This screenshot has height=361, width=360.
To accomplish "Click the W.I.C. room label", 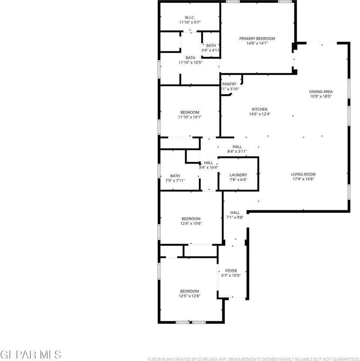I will click(x=189, y=18).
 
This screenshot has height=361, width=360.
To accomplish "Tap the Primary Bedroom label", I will click(x=257, y=38).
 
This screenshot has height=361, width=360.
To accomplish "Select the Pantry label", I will click(x=229, y=84).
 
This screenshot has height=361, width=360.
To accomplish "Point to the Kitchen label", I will click(x=260, y=109).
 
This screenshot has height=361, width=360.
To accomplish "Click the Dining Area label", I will click(x=321, y=91).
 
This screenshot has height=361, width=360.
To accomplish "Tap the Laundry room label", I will click(x=238, y=175).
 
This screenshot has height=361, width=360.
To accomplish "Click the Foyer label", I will click(x=231, y=271).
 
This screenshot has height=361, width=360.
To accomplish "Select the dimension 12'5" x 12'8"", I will click(x=189, y=296).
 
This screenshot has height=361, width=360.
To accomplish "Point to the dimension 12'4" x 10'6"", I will click(x=191, y=223).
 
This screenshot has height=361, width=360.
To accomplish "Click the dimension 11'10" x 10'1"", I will click(x=189, y=117).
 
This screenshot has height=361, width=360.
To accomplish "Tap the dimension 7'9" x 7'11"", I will click(x=175, y=180).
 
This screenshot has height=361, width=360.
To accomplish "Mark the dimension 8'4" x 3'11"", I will click(x=237, y=152).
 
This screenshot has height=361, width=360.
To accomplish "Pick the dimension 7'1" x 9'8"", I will click(x=235, y=217).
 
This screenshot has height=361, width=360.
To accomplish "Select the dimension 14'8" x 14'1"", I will click(x=257, y=43).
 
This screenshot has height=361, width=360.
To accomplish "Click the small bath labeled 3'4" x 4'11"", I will click(x=210, y=48).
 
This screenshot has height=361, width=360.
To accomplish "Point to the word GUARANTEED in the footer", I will click(x=343, y=359).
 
